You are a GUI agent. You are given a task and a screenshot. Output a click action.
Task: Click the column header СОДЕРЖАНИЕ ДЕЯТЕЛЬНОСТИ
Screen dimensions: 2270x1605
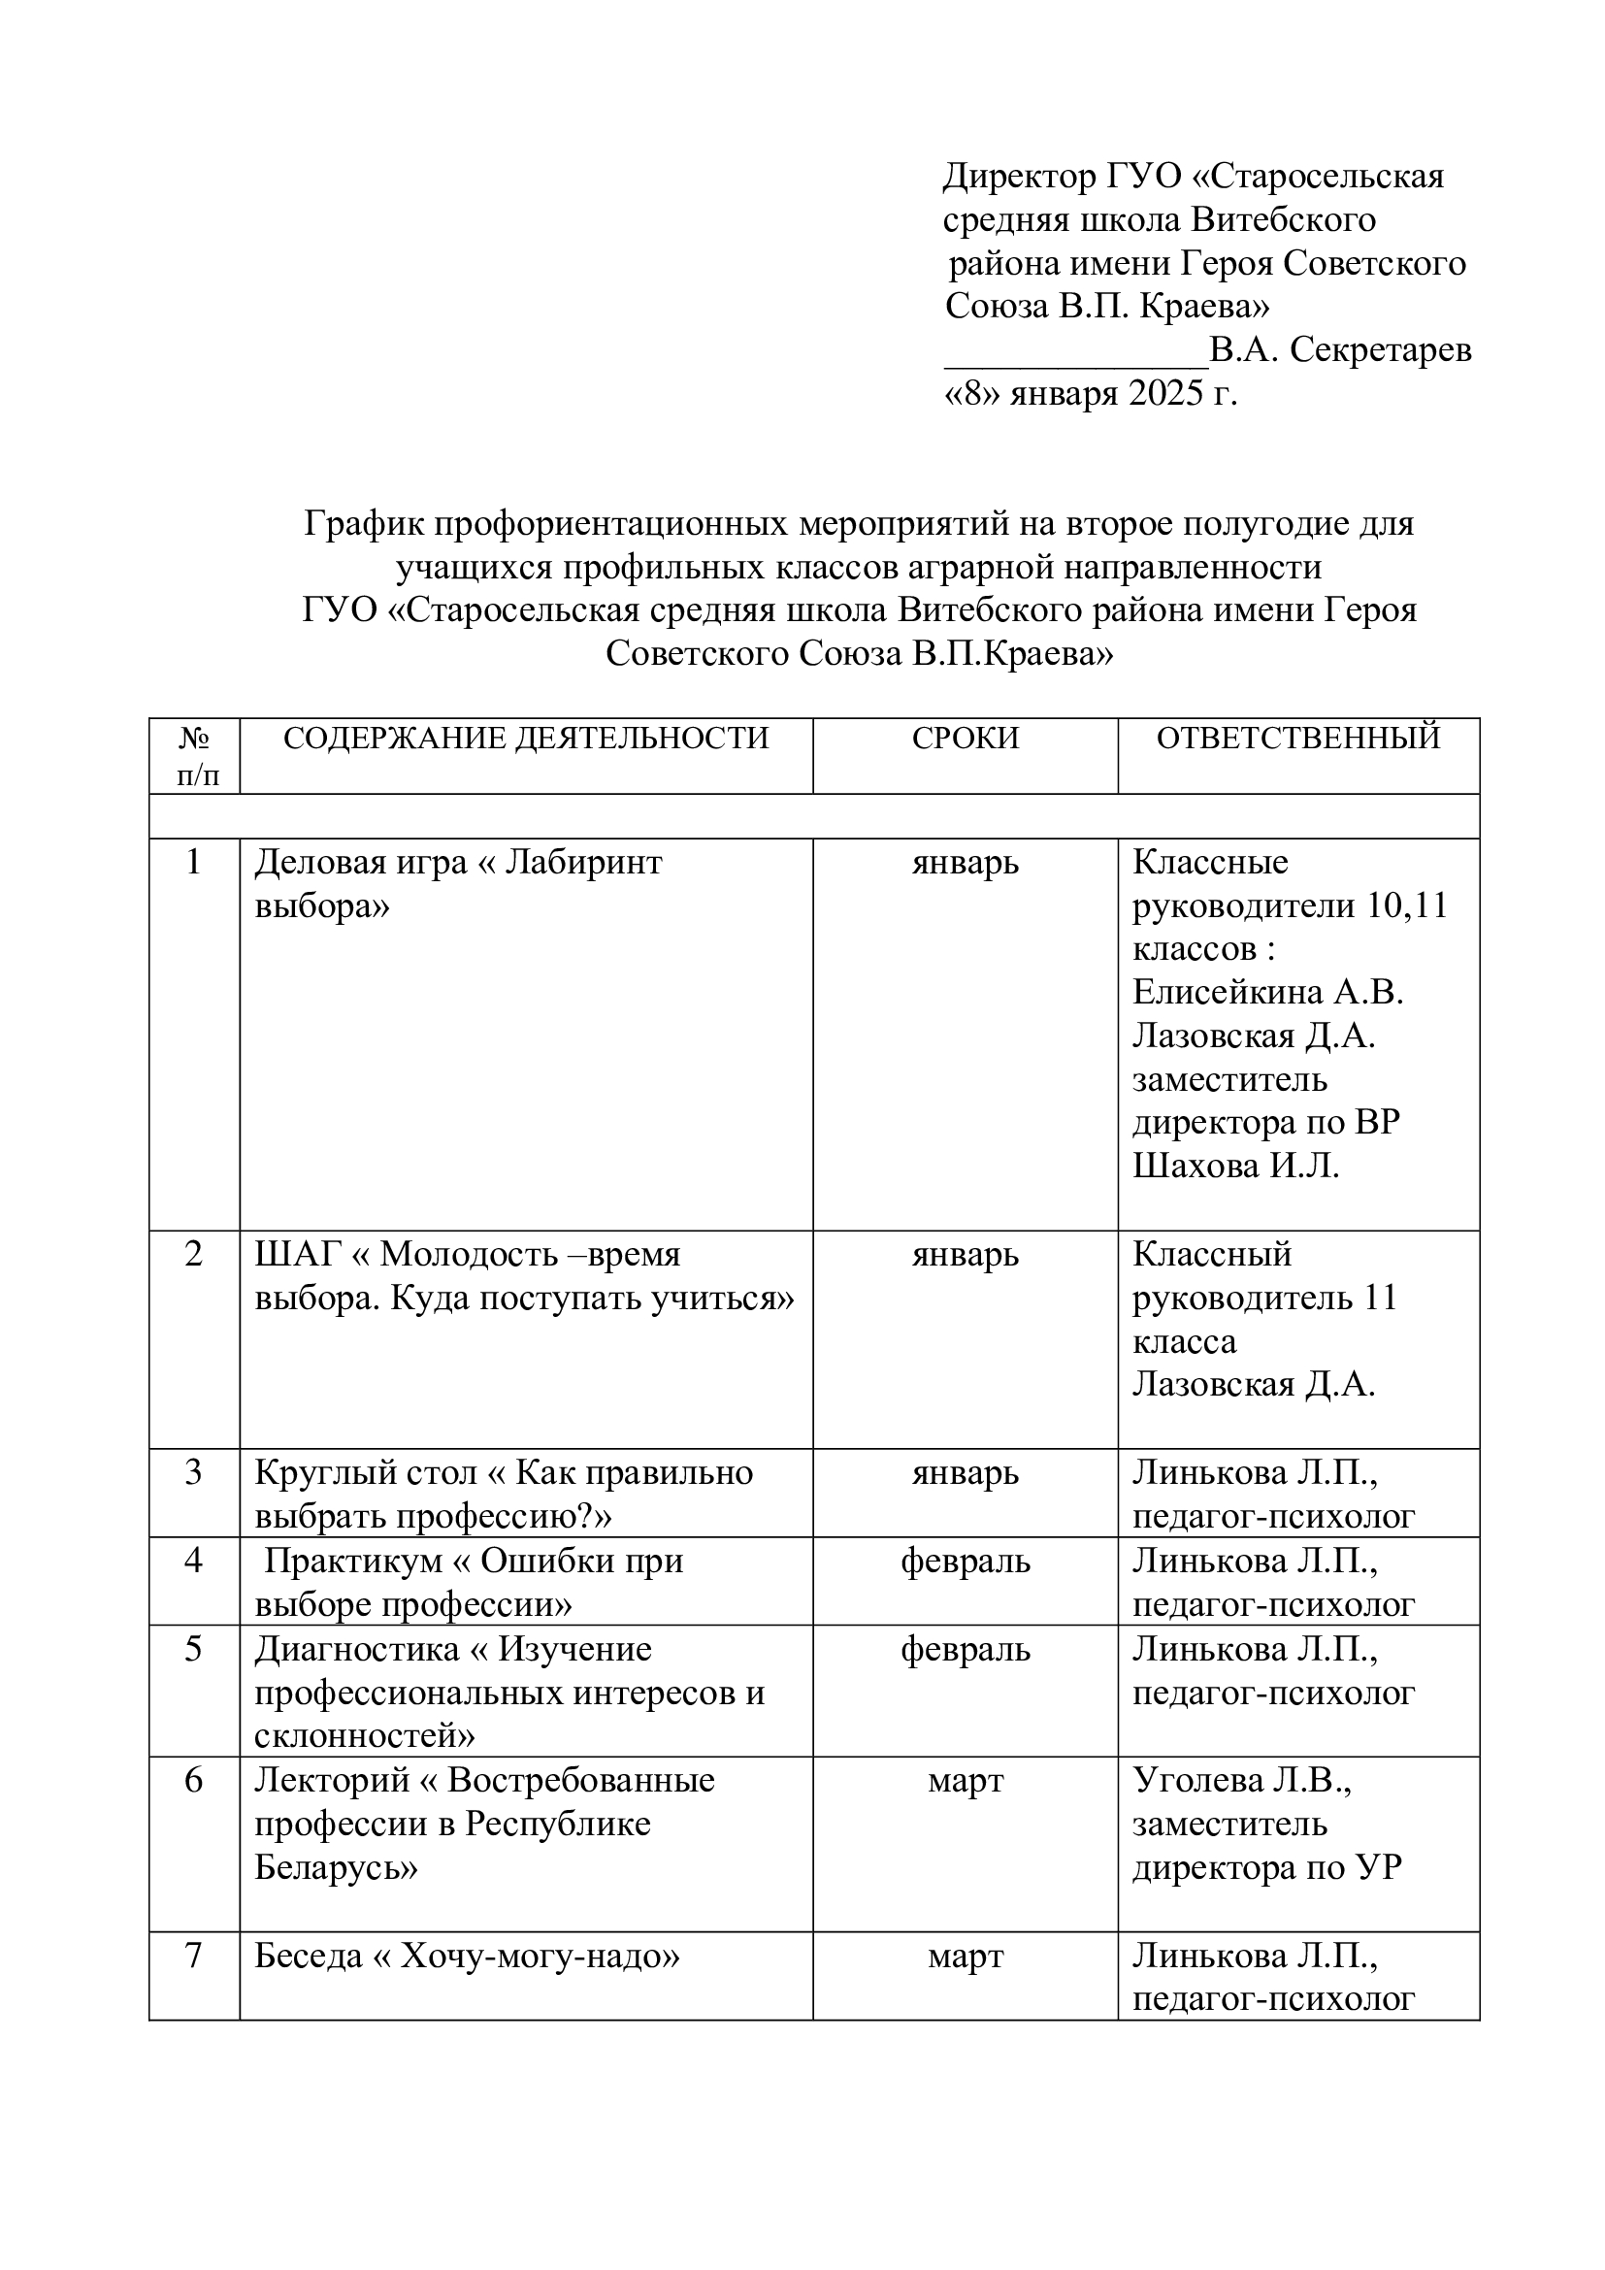[x=526, y=739]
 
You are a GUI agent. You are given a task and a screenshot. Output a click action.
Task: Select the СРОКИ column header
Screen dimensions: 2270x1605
[x=965, y=739]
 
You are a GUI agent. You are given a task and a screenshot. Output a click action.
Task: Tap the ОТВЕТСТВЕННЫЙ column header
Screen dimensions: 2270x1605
[x=1297, y=739]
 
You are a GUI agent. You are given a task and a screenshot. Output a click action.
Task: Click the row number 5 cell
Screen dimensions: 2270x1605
[x=194, y=1649]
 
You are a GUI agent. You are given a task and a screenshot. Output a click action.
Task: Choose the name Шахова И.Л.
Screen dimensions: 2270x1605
[x=1235, y=1167]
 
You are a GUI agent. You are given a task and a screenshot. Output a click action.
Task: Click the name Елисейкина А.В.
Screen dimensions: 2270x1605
[x=1268, y=993]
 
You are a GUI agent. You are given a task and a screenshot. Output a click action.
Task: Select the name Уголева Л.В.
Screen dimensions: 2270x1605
[x=1241, y=1781]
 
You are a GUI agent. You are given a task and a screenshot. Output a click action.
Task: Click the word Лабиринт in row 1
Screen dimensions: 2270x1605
[x=583, y=863]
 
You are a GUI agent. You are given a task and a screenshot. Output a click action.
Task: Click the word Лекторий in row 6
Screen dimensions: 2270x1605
[x=331, y=1781]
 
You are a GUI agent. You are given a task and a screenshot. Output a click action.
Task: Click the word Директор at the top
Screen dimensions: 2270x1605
[x=1019, y=177]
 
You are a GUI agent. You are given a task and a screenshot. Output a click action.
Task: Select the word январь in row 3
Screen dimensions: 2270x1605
[x=965, y=1473]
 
